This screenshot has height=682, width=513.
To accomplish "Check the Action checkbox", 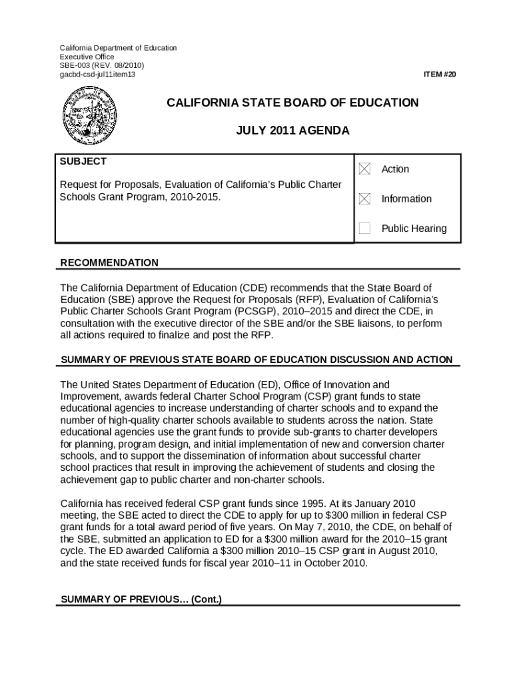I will [364, 169].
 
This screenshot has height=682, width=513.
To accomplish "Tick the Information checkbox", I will [364, 198].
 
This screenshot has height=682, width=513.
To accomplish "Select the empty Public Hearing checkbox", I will [364, 228].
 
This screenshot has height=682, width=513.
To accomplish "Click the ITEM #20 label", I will [440, 75].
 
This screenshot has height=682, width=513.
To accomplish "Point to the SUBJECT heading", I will [83, 162].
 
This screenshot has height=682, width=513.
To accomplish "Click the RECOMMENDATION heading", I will [109, 263].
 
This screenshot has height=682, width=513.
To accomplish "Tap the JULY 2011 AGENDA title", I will [292, 131].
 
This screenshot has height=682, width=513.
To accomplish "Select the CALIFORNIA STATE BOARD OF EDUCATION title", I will [292, 103].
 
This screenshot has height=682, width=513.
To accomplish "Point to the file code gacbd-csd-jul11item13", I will [98, 75].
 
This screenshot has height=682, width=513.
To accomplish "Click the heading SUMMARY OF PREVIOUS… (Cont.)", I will [141, 599].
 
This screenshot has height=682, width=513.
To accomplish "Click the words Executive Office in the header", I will [87, 57].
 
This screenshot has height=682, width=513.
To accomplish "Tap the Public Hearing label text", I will [414, 228].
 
